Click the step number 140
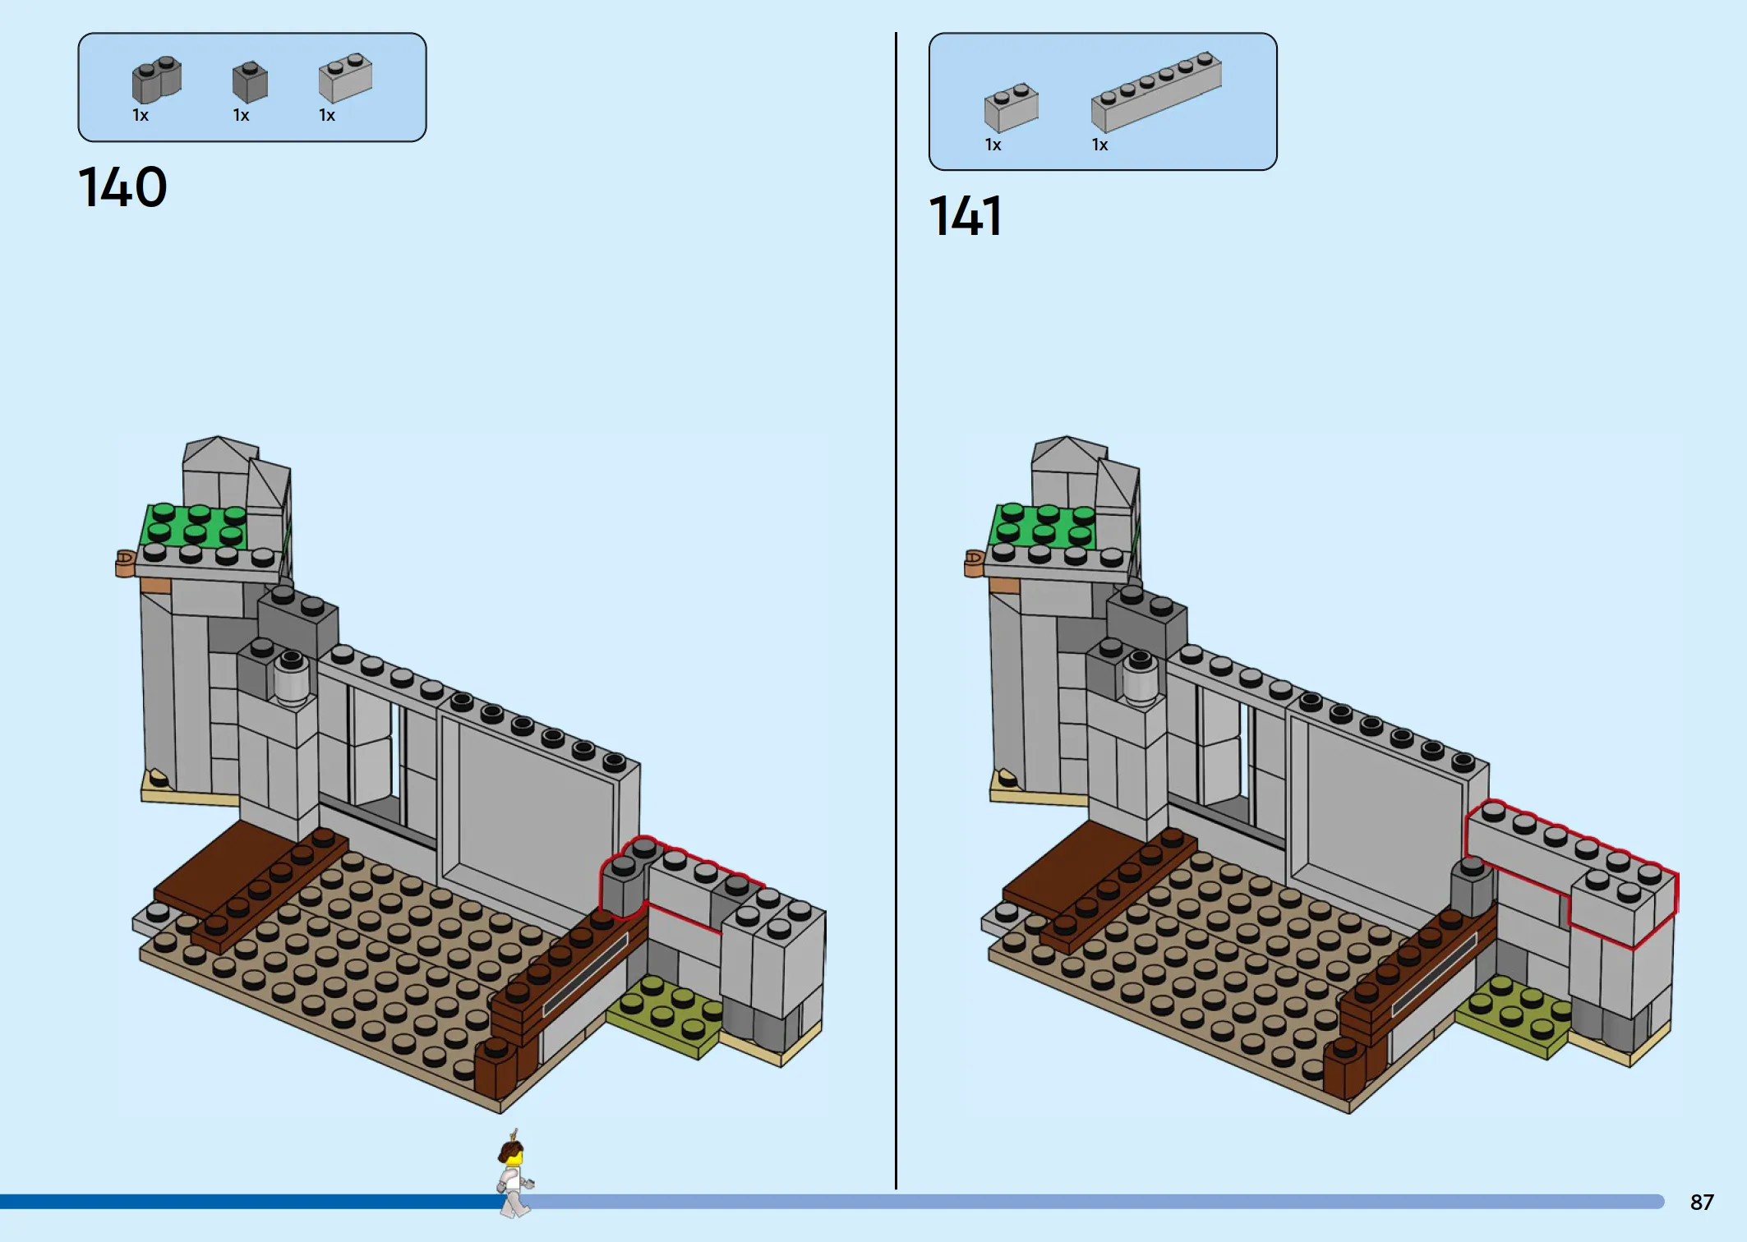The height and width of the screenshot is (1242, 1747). [x=122, y=187]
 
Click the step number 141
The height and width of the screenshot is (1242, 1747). [x=966, y=216]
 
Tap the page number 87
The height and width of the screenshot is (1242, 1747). [x=1702, y=1203]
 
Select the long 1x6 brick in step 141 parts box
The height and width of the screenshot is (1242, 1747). [x=1156, y=91]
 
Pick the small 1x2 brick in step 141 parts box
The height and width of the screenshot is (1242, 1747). [x=1011, y=107]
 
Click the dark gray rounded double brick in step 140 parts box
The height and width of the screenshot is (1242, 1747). [x=156, y=79]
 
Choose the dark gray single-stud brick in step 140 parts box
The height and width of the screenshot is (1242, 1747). [x=250, y=81]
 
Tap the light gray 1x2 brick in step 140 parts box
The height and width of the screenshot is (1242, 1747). [x=345, y=78]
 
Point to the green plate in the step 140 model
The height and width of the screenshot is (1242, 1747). [x=194, y=525]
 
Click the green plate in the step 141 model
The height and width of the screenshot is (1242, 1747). [x=1043, y=525]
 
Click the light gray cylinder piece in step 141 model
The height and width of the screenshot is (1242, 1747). [x=1141, y=680]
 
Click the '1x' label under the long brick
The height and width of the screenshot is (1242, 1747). [x=1099, y=145]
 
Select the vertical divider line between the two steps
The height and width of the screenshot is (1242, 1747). [x=896, y=610]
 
